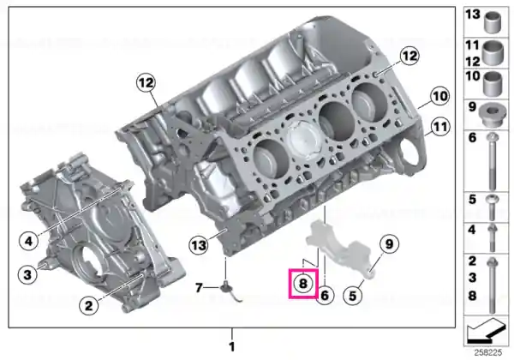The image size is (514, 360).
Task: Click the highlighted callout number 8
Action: click(302, 283)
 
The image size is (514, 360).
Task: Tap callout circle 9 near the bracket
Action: click(389, 244)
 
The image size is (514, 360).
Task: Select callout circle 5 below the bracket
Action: click(353, 296)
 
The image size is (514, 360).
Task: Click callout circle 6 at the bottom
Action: click(325, 295)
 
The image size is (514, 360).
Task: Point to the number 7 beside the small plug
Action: click(199, 287)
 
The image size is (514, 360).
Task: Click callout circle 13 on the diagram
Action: click(199, 245)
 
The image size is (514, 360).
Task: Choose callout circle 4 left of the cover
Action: click(29, 242)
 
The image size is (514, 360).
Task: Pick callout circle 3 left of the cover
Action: click(27, 274)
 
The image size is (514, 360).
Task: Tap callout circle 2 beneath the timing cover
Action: click(89, 306)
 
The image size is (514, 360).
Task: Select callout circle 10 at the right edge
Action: click(439, 96)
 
